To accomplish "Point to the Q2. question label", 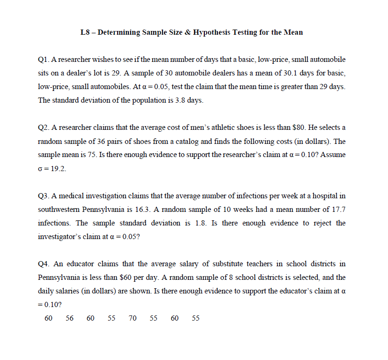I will [44, 127].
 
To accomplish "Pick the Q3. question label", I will [44, 195].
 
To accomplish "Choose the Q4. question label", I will [44, 264].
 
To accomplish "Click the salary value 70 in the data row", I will [133, 318].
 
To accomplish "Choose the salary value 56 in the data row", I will [70, 318].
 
